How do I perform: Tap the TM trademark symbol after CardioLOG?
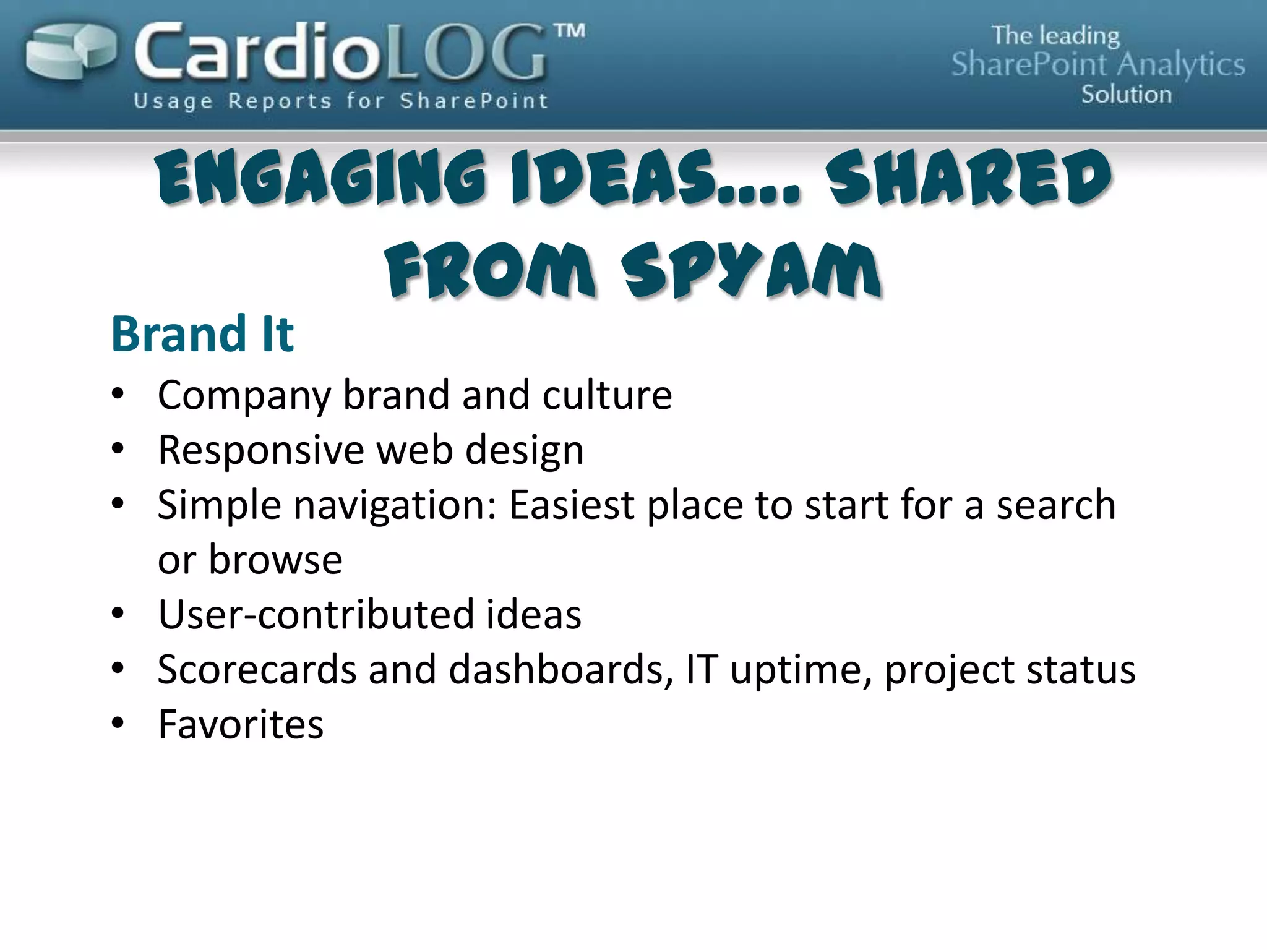pyautogui.click(x=569, y=32)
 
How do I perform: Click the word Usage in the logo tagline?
pyautogui.click(x=173, y=101)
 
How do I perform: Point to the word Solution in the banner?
pyautogui.click(x=1126, y=95)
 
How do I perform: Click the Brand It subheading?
pyautogui.click(x=202, y=334)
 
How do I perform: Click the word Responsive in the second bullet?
pyautogui.click(x=260, y=450)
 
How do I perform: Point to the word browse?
pyautogui.click(x=275, y=559)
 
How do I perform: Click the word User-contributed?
pyautogui.click(x=316, y=614)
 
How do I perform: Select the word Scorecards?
pyautogui.click(x=257, y=669)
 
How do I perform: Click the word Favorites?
pyautogui.click(x=241, y=724)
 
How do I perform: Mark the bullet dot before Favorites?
pyautogui.click(x=118, y=722)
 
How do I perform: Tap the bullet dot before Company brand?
pyautogui.click(x=118, y=393)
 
